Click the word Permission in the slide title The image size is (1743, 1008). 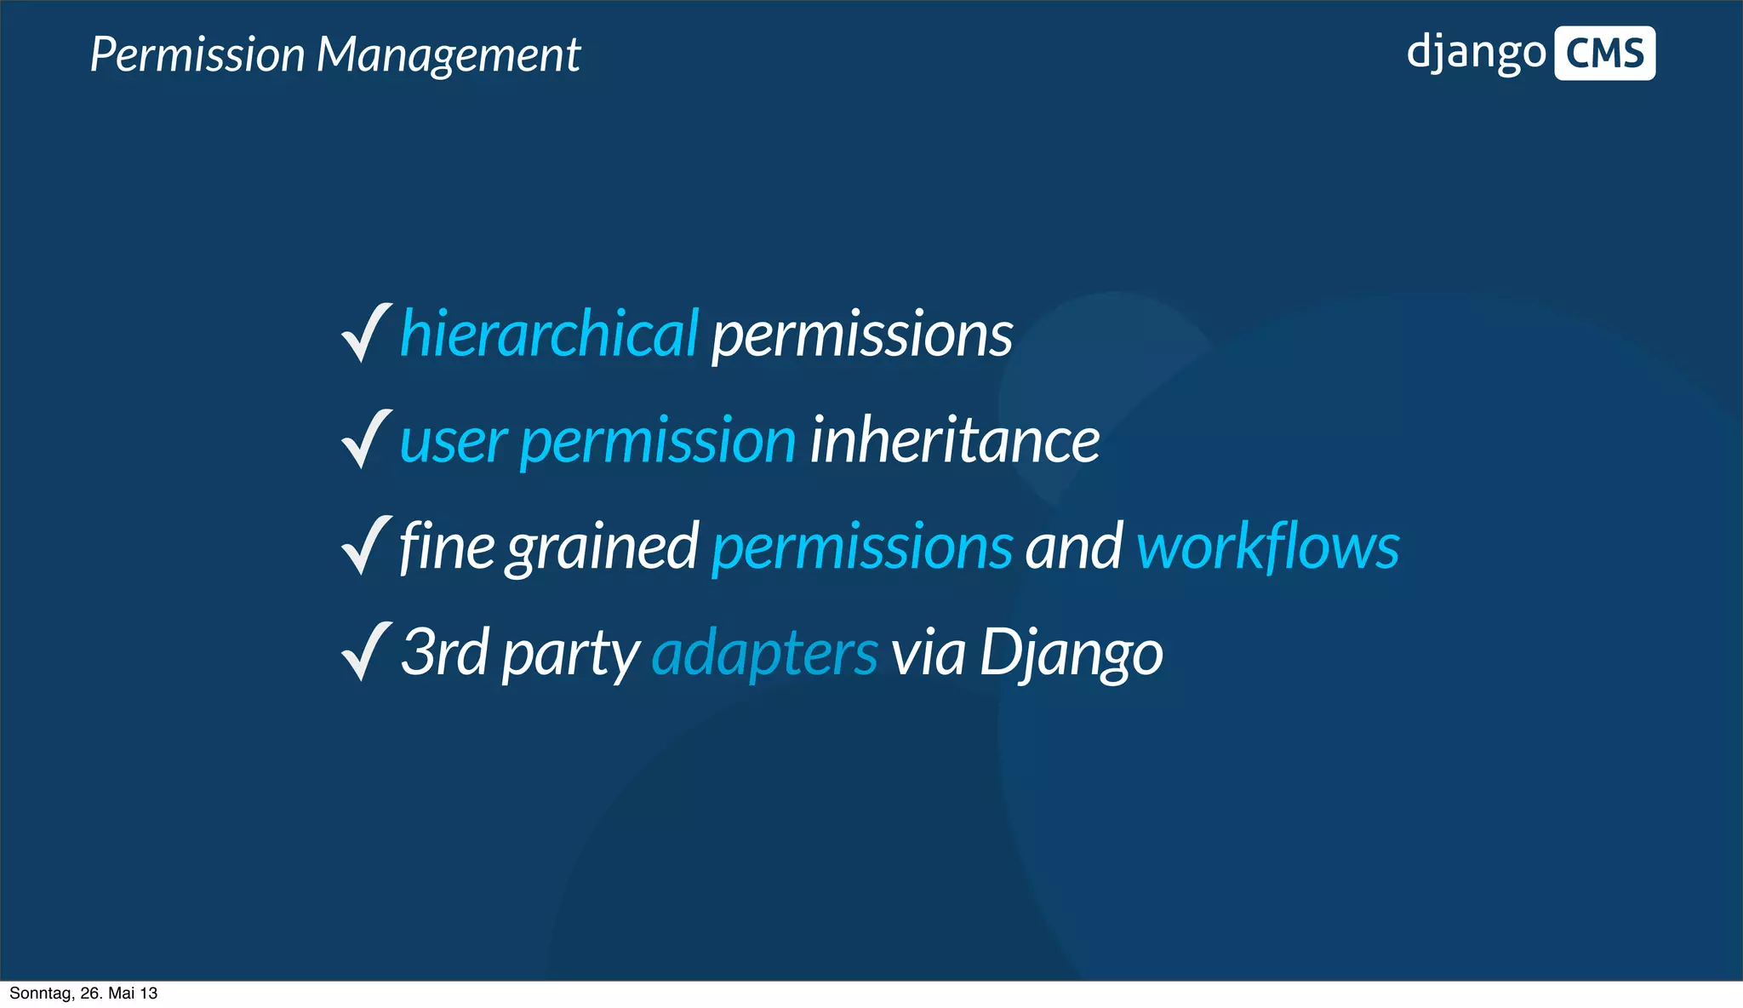pos(197,55)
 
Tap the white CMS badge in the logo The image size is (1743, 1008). pos(1604,54)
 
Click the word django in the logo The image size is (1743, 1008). pos(1475,53)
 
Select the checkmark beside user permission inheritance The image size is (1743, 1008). pos(366,439)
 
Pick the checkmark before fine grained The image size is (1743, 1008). pos(366,546)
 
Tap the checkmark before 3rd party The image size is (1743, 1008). pos(366,651)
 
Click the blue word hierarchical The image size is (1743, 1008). pos(549,333)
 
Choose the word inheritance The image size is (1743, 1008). pos(954,441)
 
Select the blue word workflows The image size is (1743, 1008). pos(1267,547)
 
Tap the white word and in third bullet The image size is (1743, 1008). pos(1073,547)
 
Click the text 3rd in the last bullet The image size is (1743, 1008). pos(444,652)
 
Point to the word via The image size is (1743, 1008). pos(928,653)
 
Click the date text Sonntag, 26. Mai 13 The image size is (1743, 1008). pos(83,994)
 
